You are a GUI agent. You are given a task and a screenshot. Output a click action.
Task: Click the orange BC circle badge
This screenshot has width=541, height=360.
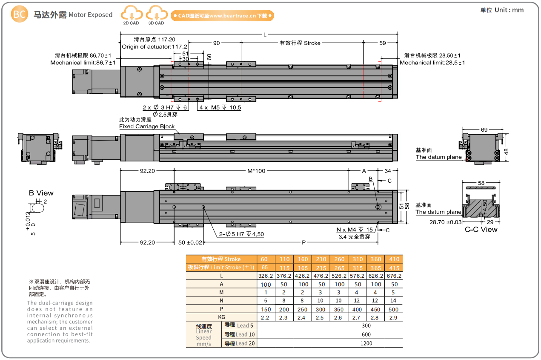click(19, 14)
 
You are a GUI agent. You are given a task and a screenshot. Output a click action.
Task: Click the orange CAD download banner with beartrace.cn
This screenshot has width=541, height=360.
click(222, 16)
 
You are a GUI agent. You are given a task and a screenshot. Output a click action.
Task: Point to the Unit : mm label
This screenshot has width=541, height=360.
click(509, 10)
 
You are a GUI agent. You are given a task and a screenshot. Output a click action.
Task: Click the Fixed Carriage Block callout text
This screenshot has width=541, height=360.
click(147, 126)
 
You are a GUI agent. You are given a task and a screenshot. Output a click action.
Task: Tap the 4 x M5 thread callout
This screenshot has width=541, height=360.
click(220, 108)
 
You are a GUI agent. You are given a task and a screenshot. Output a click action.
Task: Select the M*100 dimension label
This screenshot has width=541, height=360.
click(256, 171)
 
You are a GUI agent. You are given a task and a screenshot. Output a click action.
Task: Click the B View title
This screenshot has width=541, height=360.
click(41, 193)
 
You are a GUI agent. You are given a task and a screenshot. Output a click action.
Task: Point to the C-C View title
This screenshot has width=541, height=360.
click(481, 230)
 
